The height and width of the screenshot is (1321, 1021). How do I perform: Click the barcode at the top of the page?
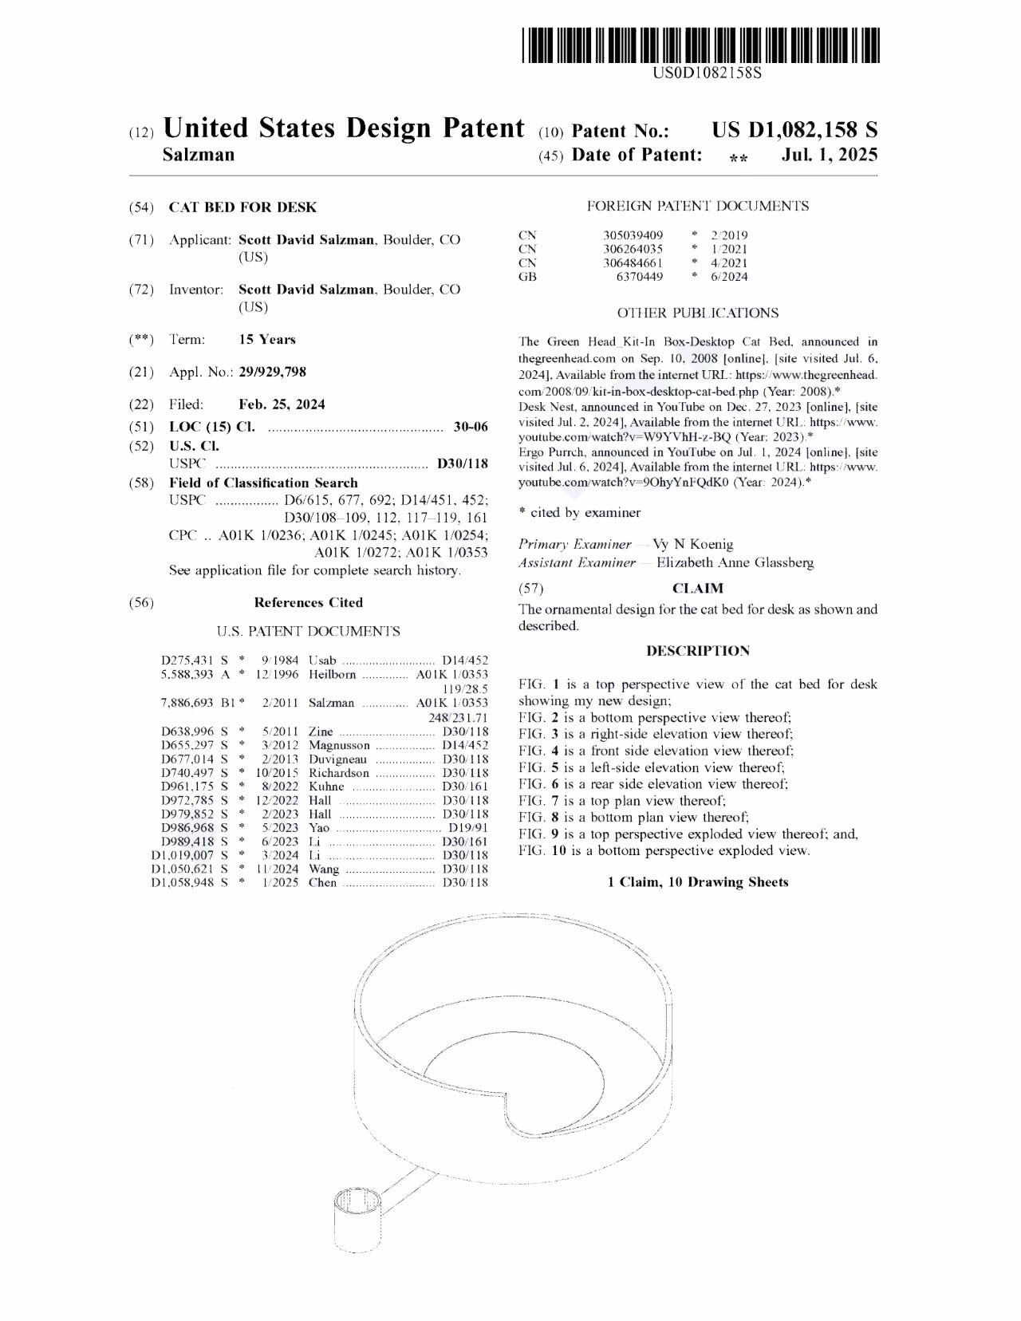click(x=702, y=45)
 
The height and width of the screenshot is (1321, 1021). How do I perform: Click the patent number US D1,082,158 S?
click(x=794, y=130)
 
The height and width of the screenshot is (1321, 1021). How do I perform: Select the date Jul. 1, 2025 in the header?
click(x=830, y=155)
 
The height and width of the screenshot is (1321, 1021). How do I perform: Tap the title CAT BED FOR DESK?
click(x=242, y=207)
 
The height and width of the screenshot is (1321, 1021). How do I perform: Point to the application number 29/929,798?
click(x=272, y=372)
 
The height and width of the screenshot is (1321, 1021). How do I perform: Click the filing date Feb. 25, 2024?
click(x=282, y=404)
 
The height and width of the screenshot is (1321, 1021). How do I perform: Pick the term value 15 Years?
click(x=267, y=340)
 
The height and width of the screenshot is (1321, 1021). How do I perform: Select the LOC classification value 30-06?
click(x=471, y=427)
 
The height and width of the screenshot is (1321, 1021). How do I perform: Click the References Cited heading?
click(x=308, y=603)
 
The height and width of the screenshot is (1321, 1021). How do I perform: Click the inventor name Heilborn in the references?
click(x=332, y=675)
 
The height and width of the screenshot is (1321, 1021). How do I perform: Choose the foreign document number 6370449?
click(x=639, y=277)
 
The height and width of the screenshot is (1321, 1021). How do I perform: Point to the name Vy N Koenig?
click(x=692, y=545)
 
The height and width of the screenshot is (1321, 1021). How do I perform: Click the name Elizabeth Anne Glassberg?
click(x=735, y=563)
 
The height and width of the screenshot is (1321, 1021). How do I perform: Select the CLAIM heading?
click(x=698, y=589)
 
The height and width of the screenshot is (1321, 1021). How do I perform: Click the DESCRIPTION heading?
click(x=698, y=651)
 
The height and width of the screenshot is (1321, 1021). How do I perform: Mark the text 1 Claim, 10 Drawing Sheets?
click(x=698, y=882)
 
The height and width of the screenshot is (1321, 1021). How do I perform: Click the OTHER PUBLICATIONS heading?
click(x=698, y=313)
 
